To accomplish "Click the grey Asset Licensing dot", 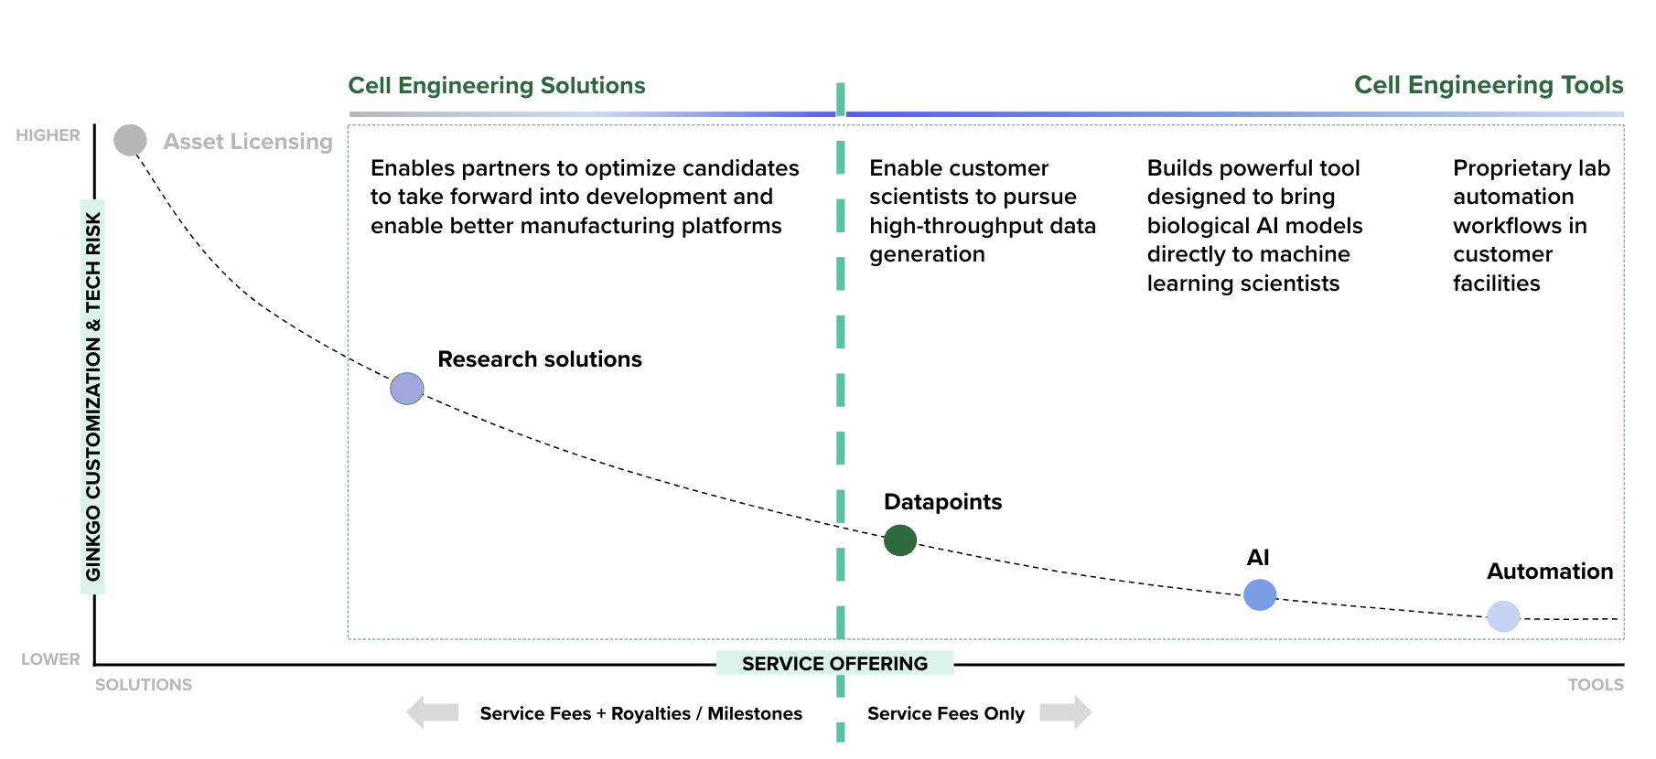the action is click(x=130, y=140).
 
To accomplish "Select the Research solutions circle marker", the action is click(x=407, y=389).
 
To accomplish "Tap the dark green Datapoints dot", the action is click(x=900, y=540).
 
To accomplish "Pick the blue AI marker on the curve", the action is click(x=1260, y=594).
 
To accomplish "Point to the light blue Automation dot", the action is click(x=1503, y=616).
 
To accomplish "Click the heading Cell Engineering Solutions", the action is click(x=497, y=86).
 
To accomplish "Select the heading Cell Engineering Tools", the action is click(x=1489, y=85).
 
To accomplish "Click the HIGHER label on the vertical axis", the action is click(x=48, y=135).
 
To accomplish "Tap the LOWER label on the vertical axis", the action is click(x=50, y=659).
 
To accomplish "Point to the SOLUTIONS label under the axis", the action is click(x=144, y=685).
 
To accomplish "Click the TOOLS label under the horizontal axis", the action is click(x=1596, y=685).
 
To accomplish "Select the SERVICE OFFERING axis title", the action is click(x=834, y=664).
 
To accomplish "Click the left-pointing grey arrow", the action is click(x=432, y=712).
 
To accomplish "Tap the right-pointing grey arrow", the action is click(x=1066, y=712).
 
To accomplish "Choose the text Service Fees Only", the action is click(x=946, y=713).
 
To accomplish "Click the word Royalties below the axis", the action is click(x=651, y=713).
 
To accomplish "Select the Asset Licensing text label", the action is click(x=248, y=142).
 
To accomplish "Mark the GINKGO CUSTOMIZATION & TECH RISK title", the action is click(x=93, y=397).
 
